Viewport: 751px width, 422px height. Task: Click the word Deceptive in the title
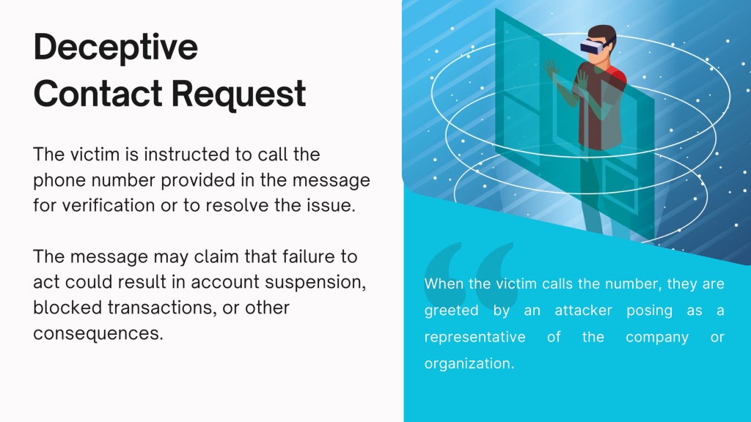pyautogui.click(x=115, y=48)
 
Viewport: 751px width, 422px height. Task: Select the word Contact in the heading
pyautogui.click(x=98, y=93)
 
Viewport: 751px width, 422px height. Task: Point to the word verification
pyautogui.click(x=109, y=206)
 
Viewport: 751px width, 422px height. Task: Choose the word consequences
pyautogui.click(x=98, y=333)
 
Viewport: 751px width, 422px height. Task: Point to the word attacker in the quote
pyautogui.click(x=583, y=311)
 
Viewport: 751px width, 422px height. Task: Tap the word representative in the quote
pyautogui.click(x=475, y=337)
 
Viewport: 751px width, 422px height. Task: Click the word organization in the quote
pyautogui.click(x=469, y=364)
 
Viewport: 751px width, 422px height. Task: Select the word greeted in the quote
pyautogui.click(x=451, y=311)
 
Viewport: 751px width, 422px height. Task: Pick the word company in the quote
pyautogui.click(x=656, y=338)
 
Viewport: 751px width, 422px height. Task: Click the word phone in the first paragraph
pyautogui.click(x=59, y=181)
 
